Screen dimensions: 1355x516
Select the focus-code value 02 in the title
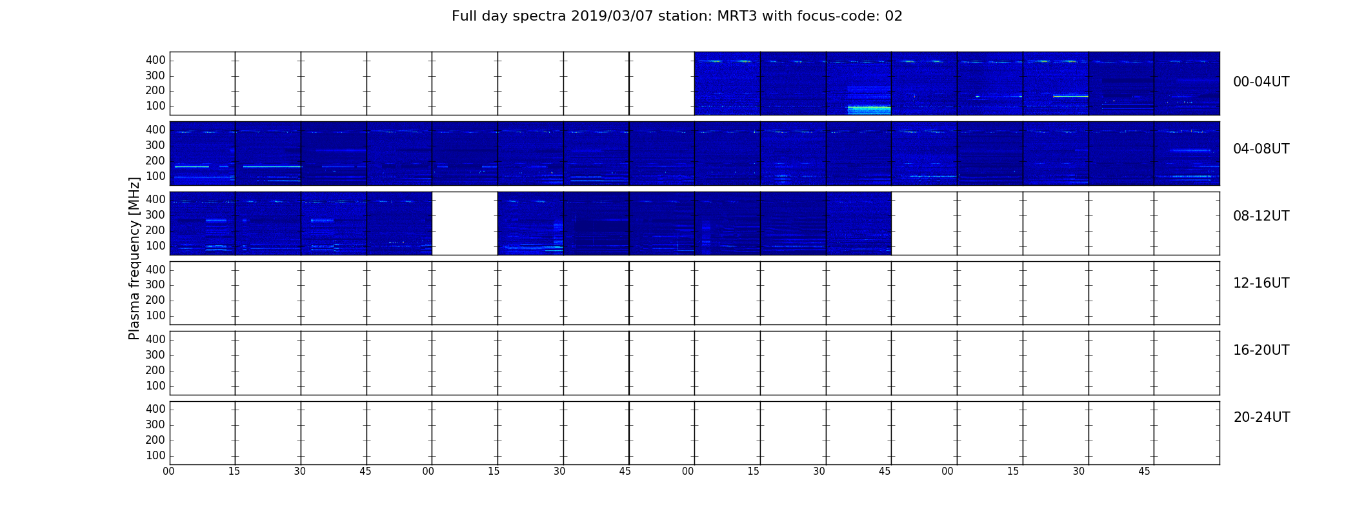(894, 16)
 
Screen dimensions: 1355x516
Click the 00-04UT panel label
(1261, 82)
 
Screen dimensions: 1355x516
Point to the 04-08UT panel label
(1261, 149)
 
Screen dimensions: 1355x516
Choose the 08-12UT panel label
(1261, 216)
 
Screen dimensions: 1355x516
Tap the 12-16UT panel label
(1261, 283)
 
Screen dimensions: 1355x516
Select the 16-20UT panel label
(1261, 350)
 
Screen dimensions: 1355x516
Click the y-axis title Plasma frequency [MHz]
(134, 258)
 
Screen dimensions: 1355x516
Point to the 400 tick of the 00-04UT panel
(156, 60)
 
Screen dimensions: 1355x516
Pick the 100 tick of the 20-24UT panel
(156, 455)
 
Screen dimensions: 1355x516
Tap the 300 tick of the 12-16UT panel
(156, 284)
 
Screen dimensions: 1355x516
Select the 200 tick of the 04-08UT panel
(156, 161)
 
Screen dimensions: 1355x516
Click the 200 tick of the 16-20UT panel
(156, 370)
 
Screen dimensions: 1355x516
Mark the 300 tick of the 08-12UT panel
(156, 215)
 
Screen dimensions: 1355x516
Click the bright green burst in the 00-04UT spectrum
(869, 110)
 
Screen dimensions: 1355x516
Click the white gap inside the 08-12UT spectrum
(465, 223)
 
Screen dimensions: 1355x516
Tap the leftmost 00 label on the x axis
(168, 471)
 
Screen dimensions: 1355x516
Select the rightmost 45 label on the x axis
(1144, 471)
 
